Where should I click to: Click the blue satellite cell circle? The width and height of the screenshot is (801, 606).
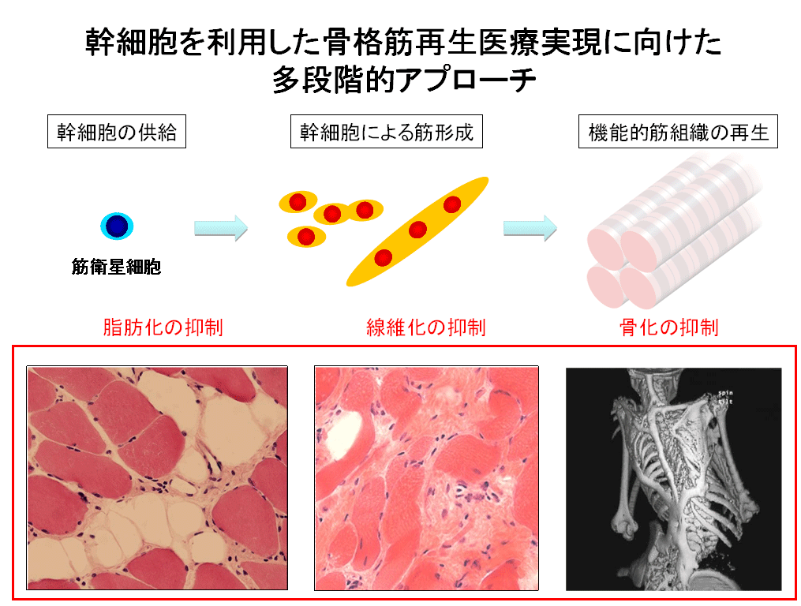tap(117, 226)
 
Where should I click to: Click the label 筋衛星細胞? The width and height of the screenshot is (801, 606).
tap(117, 267)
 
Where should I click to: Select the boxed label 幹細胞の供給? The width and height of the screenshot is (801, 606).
tap(116, 133)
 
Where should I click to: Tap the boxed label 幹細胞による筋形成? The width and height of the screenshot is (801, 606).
tap(386, 133)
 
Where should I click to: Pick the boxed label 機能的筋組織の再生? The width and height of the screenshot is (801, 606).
tap(679, 133)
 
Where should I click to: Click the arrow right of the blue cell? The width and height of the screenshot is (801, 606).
tap(221, 228)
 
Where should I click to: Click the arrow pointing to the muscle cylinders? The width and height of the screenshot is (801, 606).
tap(530, 228)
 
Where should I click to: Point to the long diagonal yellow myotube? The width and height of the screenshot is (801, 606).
tap(417, 231)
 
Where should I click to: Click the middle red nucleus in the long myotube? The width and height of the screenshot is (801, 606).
tap(417, 230)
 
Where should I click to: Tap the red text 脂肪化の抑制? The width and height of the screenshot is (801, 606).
tap(163, 327)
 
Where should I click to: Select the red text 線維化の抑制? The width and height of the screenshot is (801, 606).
tap(426, 327)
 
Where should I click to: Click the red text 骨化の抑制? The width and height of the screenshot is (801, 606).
tap(668, 327)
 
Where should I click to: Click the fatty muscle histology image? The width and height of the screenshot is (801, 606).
tap(157, 478)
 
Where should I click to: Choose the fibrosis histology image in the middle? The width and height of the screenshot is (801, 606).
tap(426, 478)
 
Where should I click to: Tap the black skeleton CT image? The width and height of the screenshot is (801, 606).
tap(673, 479)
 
